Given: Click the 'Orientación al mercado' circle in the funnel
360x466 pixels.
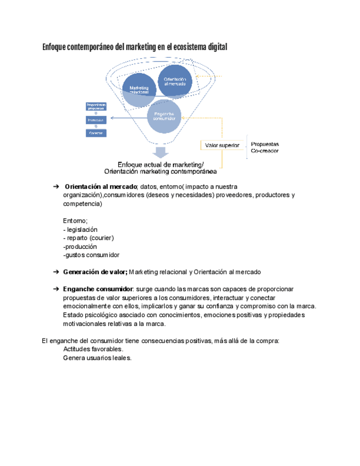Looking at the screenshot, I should (x=175, y=81).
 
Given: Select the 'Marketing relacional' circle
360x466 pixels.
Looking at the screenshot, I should (x=139, y=90).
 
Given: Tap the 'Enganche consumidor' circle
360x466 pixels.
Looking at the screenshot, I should (x=164, y=116).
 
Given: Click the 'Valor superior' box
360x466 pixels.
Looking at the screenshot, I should (x=222, y=146).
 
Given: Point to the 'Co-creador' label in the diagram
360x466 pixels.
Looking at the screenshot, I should (x=265, y=151).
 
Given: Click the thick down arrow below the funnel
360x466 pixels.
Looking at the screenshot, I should (x=161, y=153).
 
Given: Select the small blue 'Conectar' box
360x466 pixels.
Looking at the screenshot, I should (x=96, y=133).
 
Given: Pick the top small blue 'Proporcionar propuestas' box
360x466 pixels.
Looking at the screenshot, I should (x=96, y=106).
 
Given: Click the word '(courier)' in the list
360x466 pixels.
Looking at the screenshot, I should (x=102, y=238).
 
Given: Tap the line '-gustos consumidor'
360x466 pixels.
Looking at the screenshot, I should (x=91, y=255).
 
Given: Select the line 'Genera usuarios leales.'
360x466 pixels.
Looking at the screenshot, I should (x=97, y=358).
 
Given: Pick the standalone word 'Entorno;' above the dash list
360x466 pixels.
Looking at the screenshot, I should (x=75, y=220).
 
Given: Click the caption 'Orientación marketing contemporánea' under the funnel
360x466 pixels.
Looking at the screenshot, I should (x=160, y=171).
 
